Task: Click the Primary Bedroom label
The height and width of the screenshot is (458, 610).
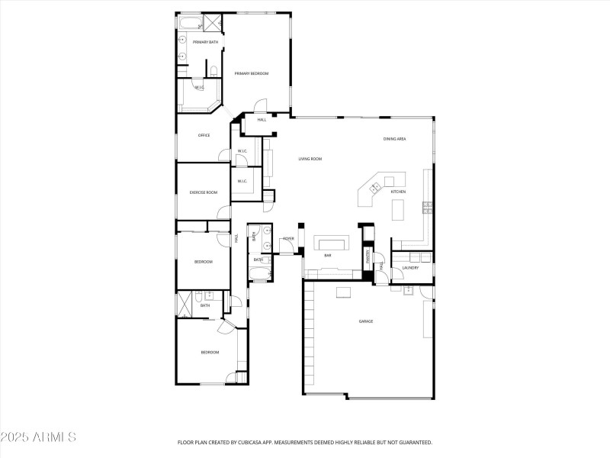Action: point(252,73)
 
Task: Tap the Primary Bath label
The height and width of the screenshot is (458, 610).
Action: point(204,42)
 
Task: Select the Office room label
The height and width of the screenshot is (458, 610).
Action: point(204,135)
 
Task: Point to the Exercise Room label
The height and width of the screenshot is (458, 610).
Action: point(204,192)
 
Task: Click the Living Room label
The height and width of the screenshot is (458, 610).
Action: point(310,159)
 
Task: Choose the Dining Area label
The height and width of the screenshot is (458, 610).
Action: point(394,139)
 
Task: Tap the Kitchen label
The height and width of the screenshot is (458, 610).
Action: point(398,192)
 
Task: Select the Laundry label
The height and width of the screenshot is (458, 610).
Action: point(409,268)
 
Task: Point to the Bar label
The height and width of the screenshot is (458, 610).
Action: point(328,256)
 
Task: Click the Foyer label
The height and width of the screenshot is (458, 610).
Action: point(288,239)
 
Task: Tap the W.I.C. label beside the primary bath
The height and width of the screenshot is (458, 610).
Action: point(199,87)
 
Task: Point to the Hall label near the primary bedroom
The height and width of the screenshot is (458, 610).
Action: point(262,120)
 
